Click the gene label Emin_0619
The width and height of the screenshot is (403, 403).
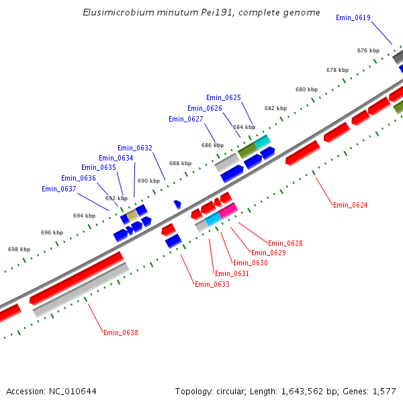(353, 17)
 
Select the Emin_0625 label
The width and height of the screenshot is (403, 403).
(224, 97)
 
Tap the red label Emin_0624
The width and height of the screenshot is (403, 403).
(351, 205)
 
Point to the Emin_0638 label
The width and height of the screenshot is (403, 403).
(121, 332)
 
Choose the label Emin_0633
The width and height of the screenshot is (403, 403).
(212, 284)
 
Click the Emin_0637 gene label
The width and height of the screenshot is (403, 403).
(59, 189)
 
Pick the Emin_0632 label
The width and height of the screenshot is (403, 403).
(135, 148)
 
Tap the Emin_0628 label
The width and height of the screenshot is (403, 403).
(285, 243)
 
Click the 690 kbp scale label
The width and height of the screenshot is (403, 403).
(149, 181)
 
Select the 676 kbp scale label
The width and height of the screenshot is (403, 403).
(368, 50)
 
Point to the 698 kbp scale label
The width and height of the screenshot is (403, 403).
(19, 249)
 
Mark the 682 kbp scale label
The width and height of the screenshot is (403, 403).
(276, 108)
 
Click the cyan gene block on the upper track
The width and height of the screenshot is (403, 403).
(263, 142)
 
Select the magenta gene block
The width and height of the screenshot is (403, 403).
(228, 210)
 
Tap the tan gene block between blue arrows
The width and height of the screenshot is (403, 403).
(132, 216)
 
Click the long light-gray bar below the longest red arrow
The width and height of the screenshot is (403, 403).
(81, 290)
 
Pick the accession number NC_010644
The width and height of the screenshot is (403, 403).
(73, 392)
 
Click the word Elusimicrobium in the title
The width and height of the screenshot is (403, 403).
(118, 12)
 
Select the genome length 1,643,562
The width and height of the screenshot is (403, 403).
(302, 392)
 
